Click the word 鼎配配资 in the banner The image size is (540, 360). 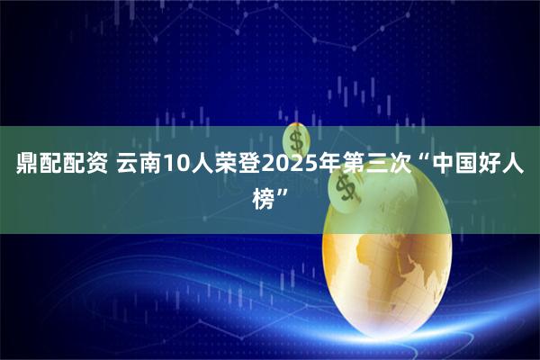coord(61,165)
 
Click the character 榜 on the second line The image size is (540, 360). coord(265,194)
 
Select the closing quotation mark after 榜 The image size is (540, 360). coord(286,190)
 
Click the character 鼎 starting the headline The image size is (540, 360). coord(27,165)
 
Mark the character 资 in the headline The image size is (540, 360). coord(96,165)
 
